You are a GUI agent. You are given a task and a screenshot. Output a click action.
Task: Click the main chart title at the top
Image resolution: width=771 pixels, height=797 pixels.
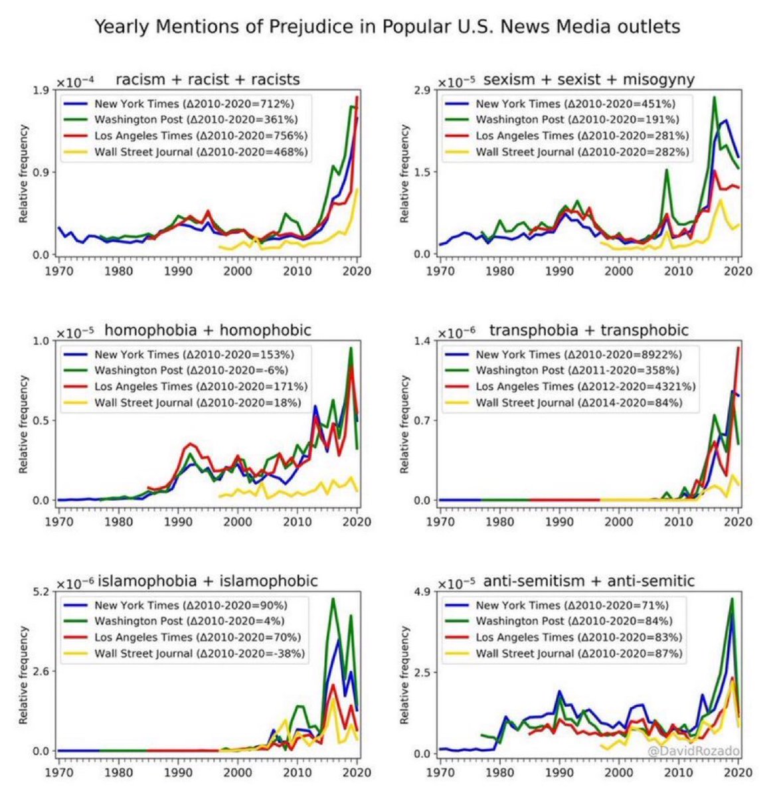(x=387, y=27)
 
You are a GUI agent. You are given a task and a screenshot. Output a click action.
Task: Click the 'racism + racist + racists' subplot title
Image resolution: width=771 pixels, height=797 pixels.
(x=208, y=80)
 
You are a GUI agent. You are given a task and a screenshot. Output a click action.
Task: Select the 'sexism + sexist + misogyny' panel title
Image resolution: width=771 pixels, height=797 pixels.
(x=589, y=80)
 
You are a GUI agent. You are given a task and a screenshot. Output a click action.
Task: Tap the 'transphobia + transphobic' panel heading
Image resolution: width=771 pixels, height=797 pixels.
(x=589, y=330)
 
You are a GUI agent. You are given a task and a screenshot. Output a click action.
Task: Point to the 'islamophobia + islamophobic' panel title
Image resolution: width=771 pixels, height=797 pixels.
(x=209, y=581)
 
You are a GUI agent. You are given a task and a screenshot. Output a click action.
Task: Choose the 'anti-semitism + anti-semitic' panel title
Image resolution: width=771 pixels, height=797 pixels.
(x=589, y=581)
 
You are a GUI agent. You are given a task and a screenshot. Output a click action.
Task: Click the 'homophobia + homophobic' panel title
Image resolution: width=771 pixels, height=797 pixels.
(x=208, y=330)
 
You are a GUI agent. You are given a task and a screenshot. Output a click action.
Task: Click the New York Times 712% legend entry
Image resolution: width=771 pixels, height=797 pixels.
(x=194, y=104)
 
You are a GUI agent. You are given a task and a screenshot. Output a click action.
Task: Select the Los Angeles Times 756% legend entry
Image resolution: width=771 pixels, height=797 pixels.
(x=201, y=135)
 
